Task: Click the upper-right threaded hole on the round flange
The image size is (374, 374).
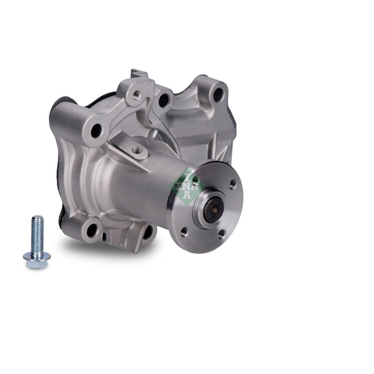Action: [232, 183]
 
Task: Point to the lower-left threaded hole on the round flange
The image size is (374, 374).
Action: [184, 230]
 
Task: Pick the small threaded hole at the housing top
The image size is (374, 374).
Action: [137, 95]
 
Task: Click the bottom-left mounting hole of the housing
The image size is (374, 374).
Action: [92, 230]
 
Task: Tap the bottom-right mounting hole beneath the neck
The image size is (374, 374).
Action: [148, 232]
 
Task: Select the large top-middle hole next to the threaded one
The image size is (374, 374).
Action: [164, 100]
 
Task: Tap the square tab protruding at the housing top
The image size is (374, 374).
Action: [139, 73]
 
